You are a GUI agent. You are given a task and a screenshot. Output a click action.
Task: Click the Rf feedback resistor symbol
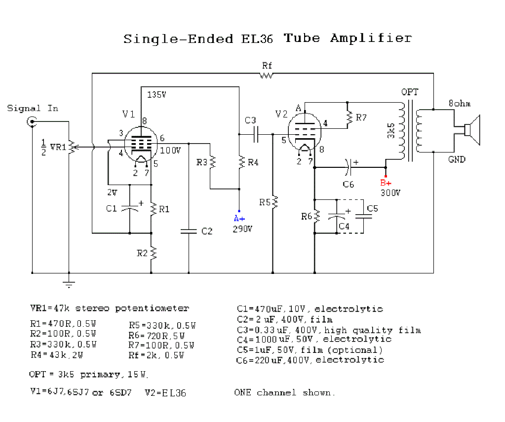(267, 75)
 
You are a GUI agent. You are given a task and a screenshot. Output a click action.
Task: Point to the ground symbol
(69, 283)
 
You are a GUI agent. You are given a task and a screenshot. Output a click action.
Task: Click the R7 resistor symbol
(349, 117)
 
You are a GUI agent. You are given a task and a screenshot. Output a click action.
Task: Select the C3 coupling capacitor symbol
(256, 133)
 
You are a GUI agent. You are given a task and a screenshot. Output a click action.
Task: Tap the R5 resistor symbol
(273, 202)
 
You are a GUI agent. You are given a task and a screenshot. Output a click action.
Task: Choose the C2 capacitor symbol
(189, 230)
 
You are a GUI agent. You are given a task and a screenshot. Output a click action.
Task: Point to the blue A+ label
(239, 218)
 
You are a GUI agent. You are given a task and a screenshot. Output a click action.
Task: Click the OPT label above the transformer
(409, 92)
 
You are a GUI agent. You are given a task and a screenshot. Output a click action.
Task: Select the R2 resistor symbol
(152, 253)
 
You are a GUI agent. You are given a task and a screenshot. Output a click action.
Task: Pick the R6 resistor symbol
(315, 216)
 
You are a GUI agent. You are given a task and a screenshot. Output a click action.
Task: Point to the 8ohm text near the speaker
(459, 104)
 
